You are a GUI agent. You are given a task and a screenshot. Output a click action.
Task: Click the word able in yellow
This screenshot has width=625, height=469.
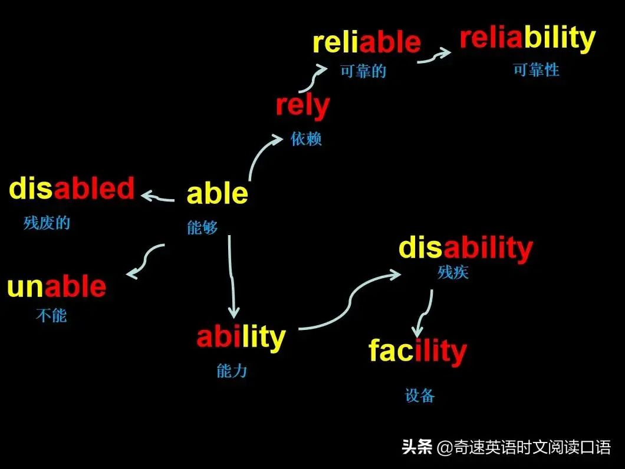coord(217,194)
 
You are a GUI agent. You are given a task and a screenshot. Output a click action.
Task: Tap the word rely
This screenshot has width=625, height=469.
coord(302,107)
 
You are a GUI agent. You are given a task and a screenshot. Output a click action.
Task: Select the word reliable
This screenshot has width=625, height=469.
coord(366,42)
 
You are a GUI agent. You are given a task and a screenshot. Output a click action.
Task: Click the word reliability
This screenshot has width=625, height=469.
coord(527,38)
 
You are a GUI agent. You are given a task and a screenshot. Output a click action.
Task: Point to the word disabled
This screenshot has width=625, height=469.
coord(72,189)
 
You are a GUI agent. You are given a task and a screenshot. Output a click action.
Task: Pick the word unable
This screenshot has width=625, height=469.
coord(57,287)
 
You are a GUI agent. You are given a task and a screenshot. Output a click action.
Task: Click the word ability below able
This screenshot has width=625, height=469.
coord(241,337)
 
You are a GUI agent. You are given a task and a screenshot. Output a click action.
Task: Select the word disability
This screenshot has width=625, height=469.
coord(465,248)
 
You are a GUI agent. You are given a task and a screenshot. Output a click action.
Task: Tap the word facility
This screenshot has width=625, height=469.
coord(417,351)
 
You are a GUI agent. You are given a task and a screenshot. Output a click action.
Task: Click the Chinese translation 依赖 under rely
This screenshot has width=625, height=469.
coord(306,139)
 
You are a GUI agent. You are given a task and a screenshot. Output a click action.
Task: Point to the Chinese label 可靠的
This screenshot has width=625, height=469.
coord(363,71)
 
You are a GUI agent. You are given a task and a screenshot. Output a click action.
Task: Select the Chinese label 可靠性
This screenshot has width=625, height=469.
coord(536,70)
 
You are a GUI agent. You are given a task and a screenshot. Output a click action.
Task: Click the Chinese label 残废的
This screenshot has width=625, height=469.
coord(47,223)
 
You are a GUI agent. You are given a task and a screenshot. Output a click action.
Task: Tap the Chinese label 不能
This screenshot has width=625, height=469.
coord(51,315)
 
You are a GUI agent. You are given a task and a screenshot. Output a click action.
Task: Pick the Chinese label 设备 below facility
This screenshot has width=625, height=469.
coord(420,395)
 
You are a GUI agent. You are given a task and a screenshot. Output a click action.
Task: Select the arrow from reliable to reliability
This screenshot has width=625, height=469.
coord(433,55)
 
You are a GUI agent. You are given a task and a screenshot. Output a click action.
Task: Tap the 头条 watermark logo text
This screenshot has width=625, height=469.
coord(417,447)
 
